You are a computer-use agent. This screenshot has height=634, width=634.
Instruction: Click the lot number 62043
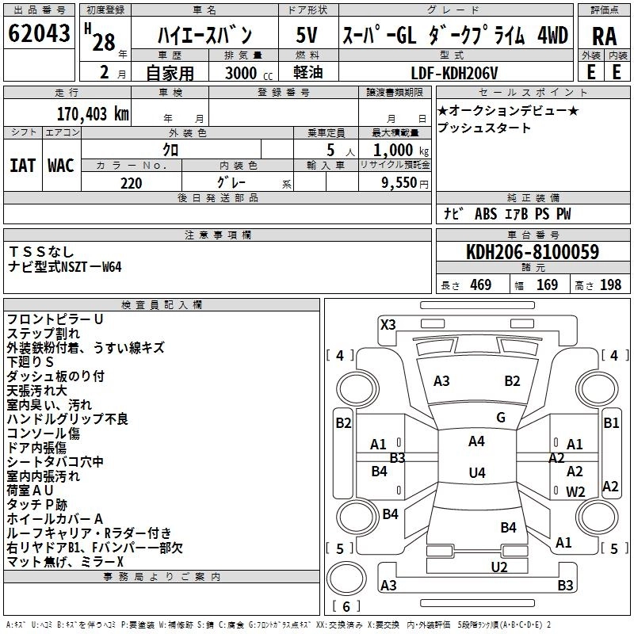39,32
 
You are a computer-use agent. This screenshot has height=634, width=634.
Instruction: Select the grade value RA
605,36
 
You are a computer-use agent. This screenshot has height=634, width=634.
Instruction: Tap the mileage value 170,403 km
93,114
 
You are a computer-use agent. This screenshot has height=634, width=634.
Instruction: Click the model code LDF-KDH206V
454,73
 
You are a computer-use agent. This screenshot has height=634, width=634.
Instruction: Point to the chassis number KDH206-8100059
533,252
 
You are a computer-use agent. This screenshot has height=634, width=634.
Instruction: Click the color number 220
131,183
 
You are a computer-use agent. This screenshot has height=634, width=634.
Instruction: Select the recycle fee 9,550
399,182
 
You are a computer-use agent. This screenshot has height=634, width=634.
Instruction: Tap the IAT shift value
23,166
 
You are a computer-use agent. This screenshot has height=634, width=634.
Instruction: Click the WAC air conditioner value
61,166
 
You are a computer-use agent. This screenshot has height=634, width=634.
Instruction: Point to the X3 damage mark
388,324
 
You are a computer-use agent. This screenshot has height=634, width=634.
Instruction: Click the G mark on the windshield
501,417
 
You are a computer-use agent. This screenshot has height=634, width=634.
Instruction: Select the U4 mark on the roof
477,472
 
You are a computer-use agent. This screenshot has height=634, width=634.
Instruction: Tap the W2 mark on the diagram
575,491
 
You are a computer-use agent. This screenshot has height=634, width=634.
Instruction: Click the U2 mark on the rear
499,567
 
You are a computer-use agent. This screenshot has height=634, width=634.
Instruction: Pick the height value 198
610,285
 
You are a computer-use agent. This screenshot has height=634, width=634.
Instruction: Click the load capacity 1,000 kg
401,150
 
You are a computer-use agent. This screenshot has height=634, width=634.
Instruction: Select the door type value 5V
307,35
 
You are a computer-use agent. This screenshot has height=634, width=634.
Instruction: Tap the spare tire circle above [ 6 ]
346,578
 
